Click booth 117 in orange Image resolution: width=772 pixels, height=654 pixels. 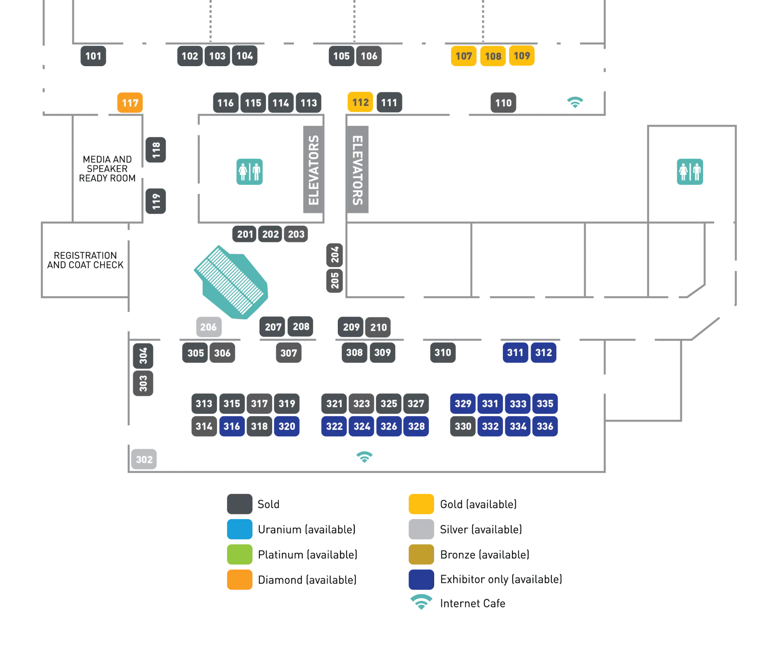click(x=130, y=102)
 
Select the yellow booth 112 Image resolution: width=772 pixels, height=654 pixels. click(x=360, y=102)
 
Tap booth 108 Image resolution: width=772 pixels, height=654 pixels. click(x=493, y=56)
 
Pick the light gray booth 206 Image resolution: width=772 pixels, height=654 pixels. click(x=209, y=327)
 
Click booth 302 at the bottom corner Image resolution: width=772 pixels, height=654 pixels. click(x=144, y=459)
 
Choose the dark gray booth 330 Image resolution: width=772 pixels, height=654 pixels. click(x=463, y=426)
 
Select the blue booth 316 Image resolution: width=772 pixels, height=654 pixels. click(x=231, y=426)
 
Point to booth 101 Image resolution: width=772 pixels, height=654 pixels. click(x=93, y=56)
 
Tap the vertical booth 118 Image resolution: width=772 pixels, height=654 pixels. click(x=156, y=150)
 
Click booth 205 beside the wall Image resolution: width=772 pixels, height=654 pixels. click(x=335, y=280)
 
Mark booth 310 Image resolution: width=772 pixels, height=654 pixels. click(x=443, y=353)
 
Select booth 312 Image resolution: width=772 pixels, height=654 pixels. click(x=544, y=353)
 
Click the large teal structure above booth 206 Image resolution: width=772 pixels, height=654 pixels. click(x=231, y=283)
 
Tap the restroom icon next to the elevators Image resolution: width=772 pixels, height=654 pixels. click(x=250, y=172)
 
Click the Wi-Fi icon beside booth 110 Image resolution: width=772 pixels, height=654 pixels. click(x=576, y=102)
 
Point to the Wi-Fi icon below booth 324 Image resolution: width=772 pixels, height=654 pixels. click(x=365, y=457)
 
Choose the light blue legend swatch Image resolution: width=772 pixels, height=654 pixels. click(x=240, y=529)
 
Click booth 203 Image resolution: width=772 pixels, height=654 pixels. click(x=296, y=234)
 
